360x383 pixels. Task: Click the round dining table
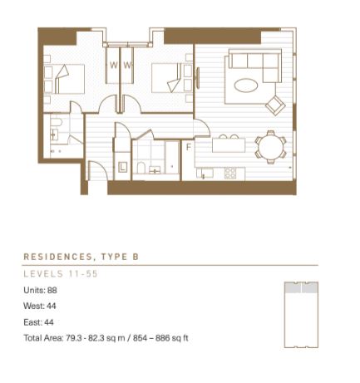(271, 146)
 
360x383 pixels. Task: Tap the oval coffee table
(246, 85)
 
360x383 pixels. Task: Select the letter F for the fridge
(189, 147)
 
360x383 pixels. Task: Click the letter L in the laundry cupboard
(123, 167)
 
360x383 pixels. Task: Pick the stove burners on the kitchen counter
(230, 173)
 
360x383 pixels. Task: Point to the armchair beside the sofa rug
(275, 105)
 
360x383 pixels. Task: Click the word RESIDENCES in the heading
(57, 257)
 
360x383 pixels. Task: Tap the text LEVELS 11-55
(61, 274)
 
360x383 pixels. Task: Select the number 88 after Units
(52, 290)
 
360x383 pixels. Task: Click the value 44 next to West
(52, 306)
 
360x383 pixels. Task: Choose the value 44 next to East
(49, 322)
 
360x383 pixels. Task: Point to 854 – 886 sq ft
(160, 338)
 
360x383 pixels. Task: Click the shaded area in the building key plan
(301, 287)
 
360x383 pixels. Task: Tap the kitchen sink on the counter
(205, 174)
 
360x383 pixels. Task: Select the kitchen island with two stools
(229, 145)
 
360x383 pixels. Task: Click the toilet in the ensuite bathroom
(57, 123)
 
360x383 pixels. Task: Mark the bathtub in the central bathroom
(172, 158)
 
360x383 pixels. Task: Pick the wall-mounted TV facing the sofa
(198, 78)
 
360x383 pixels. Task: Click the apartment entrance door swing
(97, 170)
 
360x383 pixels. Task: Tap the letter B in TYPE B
(136, 257)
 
